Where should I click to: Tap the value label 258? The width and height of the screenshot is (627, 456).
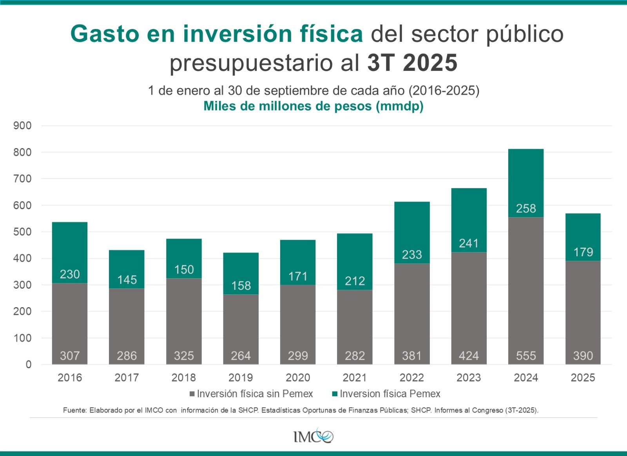click(x=526, y=208)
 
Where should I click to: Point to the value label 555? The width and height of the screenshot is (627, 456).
click(x=526, y=356)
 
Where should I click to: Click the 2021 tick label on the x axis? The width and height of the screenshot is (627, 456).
click(x=355, y=378)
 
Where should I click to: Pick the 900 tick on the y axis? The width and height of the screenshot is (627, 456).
click(x=22, y=126)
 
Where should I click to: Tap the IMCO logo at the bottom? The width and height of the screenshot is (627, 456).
click(x=313, y=436)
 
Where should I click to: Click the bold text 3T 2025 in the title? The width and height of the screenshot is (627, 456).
click(x=412, y=63)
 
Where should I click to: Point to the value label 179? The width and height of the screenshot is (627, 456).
click(x=583, y=252)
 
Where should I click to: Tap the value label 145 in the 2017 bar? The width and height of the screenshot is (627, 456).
click(x=127, y=280)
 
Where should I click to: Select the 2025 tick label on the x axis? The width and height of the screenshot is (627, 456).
click(x=583, y=378)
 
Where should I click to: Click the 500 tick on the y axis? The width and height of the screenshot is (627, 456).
click(x=22, y=232)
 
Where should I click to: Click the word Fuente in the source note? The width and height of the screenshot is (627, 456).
click(x=74, y=411)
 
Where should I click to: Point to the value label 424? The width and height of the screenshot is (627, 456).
click(x=469, y=356)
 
